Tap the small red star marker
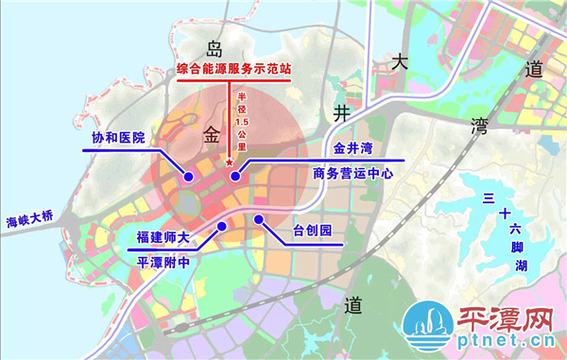coord(230,165)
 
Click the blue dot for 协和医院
coord(188,177)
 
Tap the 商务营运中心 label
coord(351,175)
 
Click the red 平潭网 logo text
coord(506,322)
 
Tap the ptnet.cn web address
coord(506,346)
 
